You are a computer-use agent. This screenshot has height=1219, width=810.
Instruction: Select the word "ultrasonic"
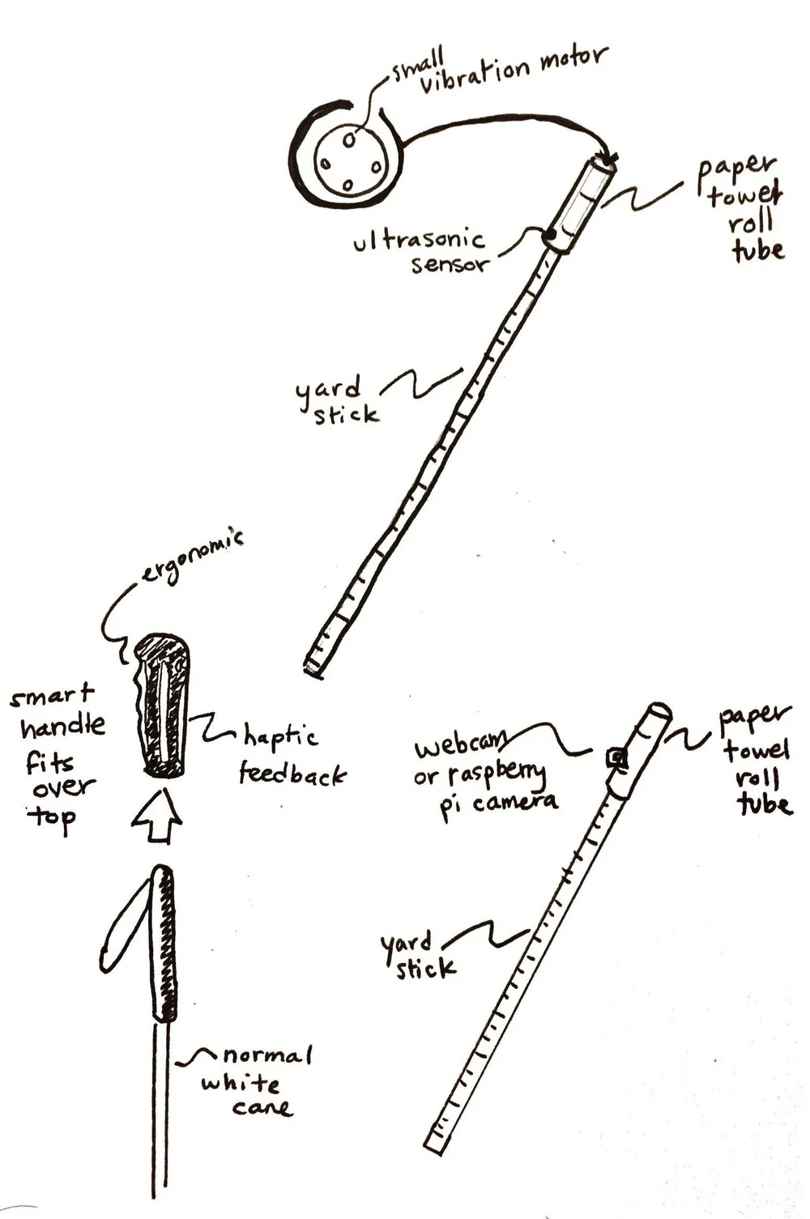[420, 241]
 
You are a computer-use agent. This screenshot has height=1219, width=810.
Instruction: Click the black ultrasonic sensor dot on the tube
[552, 237]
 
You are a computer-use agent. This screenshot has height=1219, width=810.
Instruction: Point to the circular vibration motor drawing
[349, 163]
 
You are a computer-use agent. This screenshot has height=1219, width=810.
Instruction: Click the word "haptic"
[280, 738]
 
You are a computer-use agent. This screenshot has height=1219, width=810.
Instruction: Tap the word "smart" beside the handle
[52, 696]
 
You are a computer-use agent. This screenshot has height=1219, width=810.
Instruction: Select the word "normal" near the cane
[266, 1055]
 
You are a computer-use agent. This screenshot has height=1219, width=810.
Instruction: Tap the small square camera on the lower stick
[618, 758]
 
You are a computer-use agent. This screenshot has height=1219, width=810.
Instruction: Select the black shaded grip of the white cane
[165, 944]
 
